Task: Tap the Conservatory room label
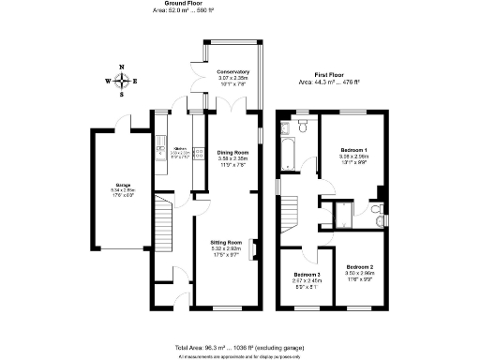pyautogui.click(x=232, y=72)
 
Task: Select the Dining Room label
pyautogui.click(x=232, y=152)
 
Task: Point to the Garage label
pyautogui.click(x=123, y=185)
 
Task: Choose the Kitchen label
pyautogui.click(x=180, y=148)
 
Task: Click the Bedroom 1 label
pyautogui.click(x=353, y=150)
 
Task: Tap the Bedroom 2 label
pyautogui.click(x=356, y=267)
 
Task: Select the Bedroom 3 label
pyautogui.click(x=305, y=274)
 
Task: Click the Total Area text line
pyautogui.click(x=240, y=347)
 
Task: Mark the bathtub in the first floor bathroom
pyautogui.click(x=287, y=151)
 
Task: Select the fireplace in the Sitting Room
pyautogui.click(x=255, y=250)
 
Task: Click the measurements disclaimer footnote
pyautogui.click(x=240, y=356)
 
